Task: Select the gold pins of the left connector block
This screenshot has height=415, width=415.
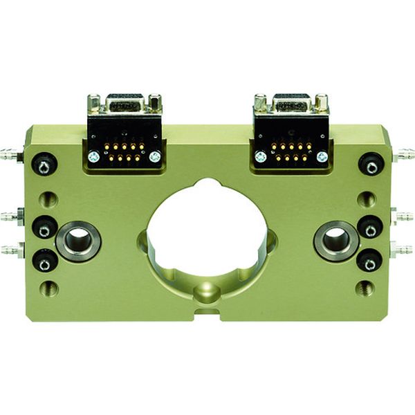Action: coord(124,152)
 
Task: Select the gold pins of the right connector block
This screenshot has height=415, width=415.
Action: coord(290,152)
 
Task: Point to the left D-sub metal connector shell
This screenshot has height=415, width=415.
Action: coord(124,104)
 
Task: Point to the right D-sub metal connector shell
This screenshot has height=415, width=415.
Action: coord(291,104)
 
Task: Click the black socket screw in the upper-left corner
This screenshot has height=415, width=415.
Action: coord(44,165)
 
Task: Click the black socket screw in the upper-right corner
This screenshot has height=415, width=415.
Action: coord(371,165)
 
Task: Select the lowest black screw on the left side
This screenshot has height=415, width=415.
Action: coord(44,261)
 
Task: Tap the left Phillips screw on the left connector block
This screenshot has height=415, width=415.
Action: coord(93,157)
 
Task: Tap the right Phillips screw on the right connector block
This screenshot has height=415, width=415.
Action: coord(321,157)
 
